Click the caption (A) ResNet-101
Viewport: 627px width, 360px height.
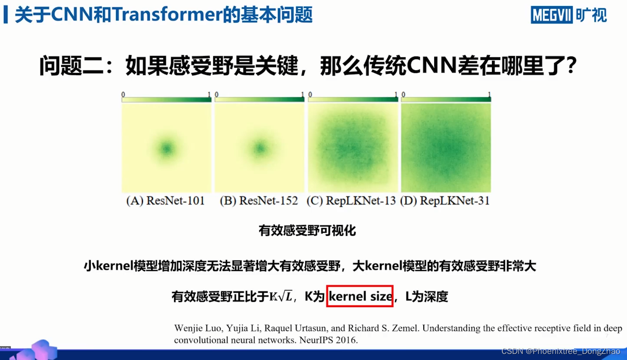click(165, 201)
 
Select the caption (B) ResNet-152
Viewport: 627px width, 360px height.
click(259, 201)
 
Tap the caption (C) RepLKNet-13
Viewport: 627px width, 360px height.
click(351, 201)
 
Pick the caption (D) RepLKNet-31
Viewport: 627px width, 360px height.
click(445, 201)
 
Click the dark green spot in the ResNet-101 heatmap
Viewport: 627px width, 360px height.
click(166, 149)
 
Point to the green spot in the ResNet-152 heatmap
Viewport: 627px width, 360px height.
click(260, 149)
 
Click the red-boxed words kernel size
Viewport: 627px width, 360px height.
click(360, 296)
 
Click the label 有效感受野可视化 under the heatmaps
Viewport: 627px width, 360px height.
click(307, 231)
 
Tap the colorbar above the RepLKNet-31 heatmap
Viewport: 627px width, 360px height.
click(446, 99)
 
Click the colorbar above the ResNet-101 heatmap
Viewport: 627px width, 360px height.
click(166, 99)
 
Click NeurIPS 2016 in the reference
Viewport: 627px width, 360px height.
click(328, 340)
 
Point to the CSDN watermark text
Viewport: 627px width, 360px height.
click(561, 351)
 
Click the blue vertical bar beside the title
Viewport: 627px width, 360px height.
click(6, 15)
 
